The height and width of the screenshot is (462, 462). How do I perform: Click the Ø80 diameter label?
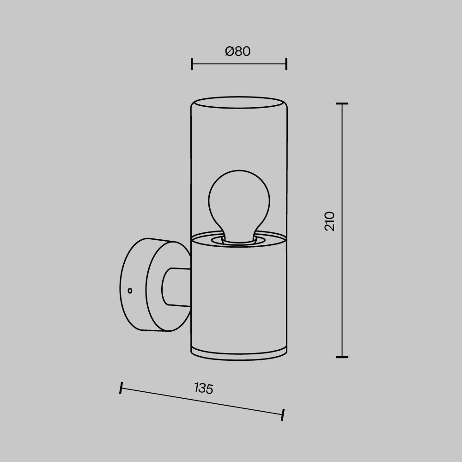238,51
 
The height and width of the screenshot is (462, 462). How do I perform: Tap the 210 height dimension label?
330,221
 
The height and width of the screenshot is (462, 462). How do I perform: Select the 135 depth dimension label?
204,388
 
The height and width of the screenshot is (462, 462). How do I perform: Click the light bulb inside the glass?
239,206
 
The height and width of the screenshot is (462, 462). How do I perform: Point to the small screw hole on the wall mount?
130,291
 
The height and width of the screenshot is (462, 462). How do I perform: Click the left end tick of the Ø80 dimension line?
192,64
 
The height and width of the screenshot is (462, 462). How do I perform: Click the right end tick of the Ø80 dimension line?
286,64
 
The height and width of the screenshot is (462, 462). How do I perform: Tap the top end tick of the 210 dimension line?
342,103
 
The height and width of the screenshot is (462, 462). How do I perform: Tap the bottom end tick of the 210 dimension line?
342,357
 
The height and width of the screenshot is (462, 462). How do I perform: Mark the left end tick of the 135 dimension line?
121,388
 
